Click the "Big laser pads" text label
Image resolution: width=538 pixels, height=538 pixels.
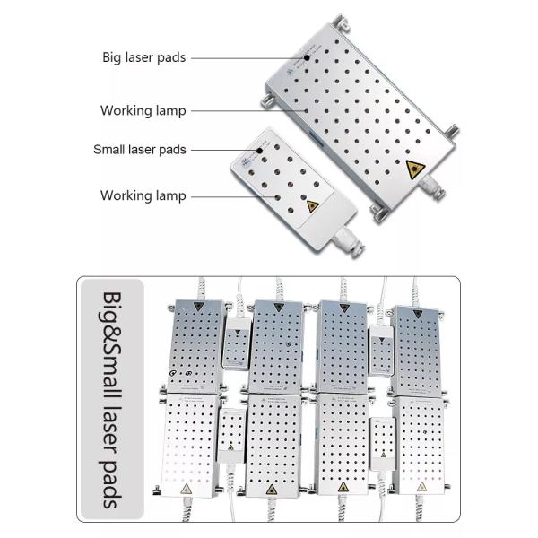click(144, 57)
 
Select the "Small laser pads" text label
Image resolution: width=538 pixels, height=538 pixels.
click(140, 150)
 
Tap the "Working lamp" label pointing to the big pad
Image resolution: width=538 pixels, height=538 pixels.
click(143, 111)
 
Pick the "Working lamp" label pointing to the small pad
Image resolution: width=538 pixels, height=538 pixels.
click(143, 195)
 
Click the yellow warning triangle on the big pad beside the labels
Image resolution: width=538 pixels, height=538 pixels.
click(415, 169)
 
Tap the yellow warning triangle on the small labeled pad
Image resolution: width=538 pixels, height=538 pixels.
click(312, 206)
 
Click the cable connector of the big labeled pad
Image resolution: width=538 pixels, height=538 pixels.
click(431, 187)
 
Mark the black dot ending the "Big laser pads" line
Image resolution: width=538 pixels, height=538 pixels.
click(307, 57)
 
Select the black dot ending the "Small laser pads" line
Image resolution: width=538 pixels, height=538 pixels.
click(260, 151)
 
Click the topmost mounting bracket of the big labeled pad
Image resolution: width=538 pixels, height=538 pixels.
click(340, 23)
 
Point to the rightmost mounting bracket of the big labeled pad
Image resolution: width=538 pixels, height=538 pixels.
click(451, 133)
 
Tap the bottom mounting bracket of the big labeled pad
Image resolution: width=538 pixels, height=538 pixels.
click(378, 213)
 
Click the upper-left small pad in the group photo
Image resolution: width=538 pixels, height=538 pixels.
click(237, 343)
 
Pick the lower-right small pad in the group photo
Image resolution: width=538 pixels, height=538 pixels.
click(382, 444)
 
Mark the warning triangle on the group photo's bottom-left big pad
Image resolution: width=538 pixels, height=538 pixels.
click(187, 489)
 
